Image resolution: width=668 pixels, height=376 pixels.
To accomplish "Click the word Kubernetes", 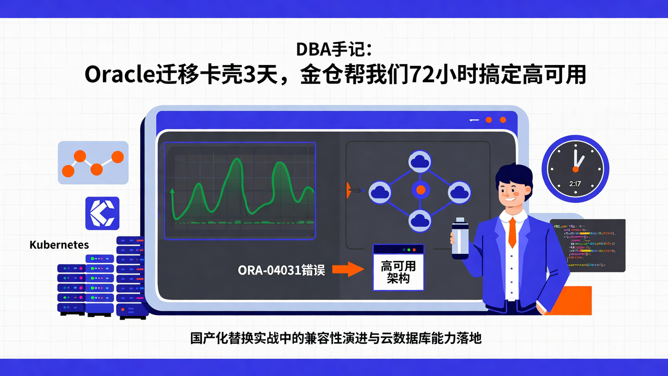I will [59, 245].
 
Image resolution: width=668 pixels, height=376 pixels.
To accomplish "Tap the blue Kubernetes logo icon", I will [102, 214].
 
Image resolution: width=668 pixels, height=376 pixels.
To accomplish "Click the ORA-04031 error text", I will [282, 270].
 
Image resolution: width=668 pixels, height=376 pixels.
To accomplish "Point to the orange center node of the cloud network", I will [420, 190].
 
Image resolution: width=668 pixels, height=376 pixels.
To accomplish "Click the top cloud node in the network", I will [420, 161].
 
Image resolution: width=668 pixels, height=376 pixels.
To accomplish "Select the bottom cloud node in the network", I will [420, 220].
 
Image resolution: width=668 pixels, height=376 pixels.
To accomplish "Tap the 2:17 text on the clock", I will [575, 184].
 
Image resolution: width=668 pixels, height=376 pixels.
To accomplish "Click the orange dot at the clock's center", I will [575, 169].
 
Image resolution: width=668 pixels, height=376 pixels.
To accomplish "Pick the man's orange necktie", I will [512, 232].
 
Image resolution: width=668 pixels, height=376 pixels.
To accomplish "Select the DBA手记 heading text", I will [334, 49].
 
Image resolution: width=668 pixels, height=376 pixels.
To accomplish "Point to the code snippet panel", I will [587, 245].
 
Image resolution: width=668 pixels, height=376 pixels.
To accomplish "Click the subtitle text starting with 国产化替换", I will [336, 338].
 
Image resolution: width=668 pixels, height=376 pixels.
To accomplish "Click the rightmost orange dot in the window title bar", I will [503, 120].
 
